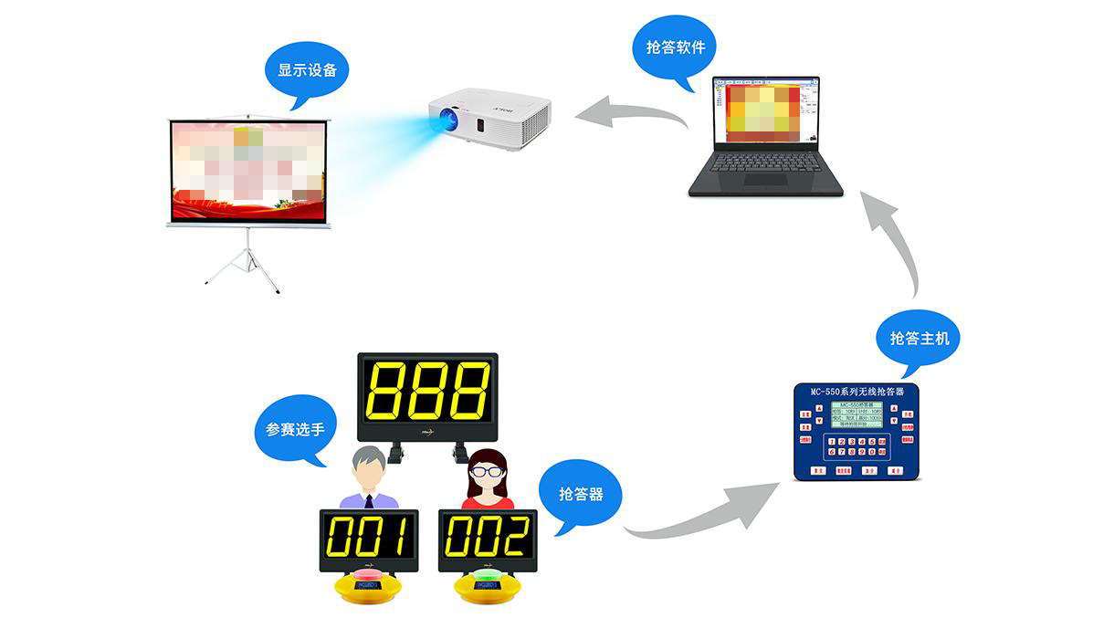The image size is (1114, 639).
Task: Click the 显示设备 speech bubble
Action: (307, 70)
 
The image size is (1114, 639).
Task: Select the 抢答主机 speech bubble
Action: (919, 338)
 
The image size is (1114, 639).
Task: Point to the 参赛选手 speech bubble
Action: (295, 428)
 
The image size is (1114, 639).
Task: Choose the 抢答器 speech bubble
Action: (581, 494)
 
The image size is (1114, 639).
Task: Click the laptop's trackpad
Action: (765, 180)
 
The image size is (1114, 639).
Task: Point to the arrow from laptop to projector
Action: (630, 114)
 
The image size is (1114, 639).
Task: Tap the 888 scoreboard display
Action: (427, 390)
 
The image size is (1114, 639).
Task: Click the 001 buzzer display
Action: (368, 538)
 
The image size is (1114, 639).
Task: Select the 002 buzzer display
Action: (487, 538)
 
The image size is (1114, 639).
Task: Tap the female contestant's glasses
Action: (487, 471)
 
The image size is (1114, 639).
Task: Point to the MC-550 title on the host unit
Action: (857, 392)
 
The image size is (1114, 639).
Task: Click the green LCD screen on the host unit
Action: (857, 415)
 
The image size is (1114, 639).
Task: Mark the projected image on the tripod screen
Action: (248, 170)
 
